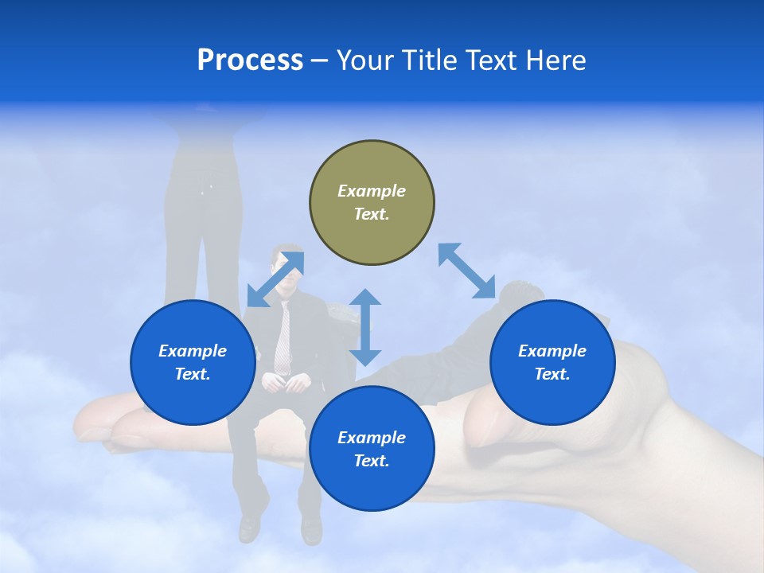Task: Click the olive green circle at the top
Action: tap(372, 203)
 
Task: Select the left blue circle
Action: tap(193, 363)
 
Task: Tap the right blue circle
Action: tap(552, 363)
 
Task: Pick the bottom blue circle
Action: tap(372, 449)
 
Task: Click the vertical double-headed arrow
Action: tap(365, 327)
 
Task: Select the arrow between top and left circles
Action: tap(275, 279)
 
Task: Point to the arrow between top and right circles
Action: tap(467, 271)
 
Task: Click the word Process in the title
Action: tap(250, 60)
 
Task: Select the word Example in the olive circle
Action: tap(372, 191)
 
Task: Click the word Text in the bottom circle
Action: tap(369, 461)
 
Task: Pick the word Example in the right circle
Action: tap(552, 351)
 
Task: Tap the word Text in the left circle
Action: tap(191, 375)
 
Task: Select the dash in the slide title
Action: tap(319, 60)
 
